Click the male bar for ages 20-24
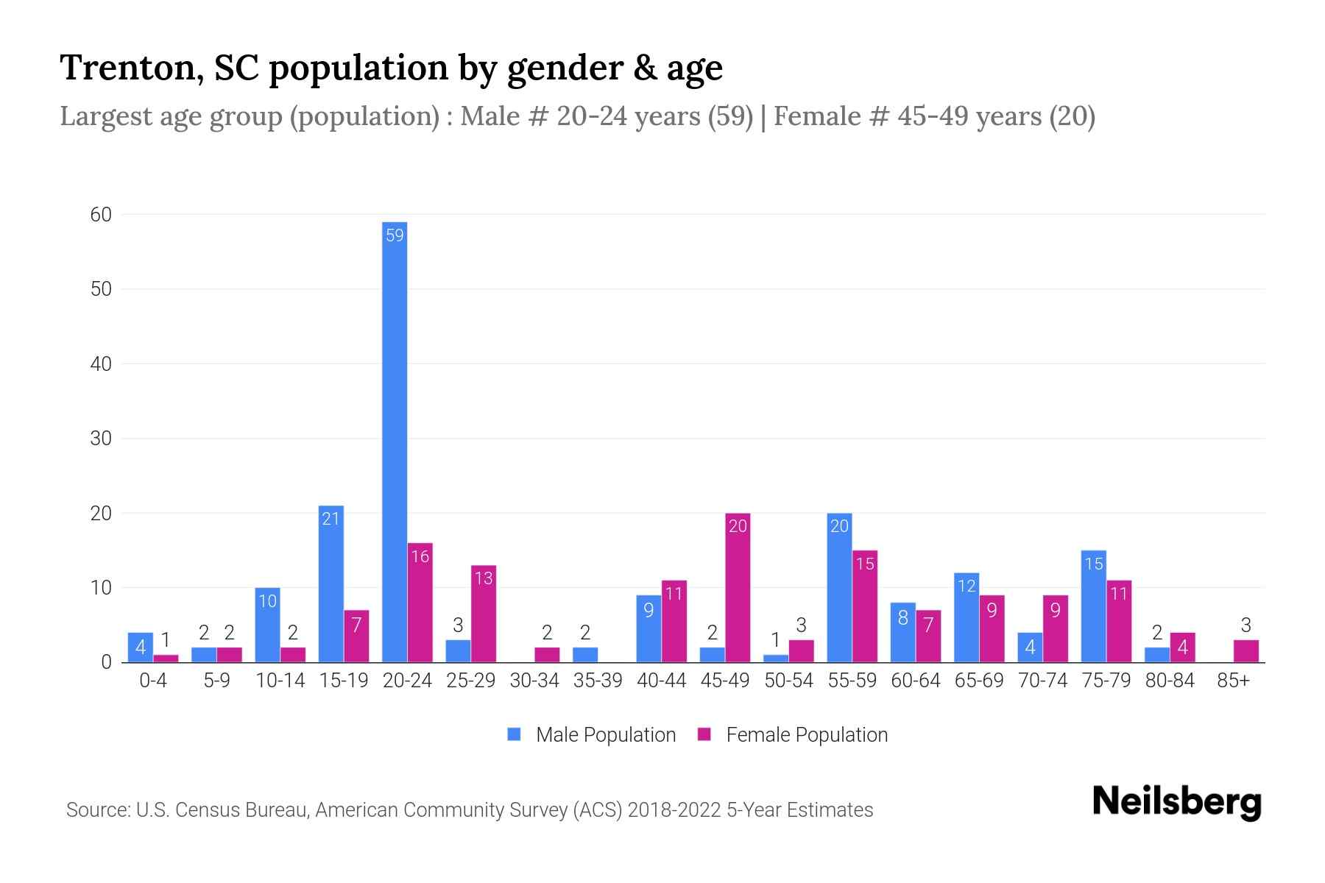(x=395, y=441)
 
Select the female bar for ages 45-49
(x=738, y=589)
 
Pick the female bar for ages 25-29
(x=484, y=614)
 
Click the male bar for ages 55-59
(x=839, y=589)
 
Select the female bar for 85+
(x=1245, y=651)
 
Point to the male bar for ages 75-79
(x=1093, y=607)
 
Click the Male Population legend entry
(x=592, y=734)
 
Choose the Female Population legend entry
(x=794, y=734)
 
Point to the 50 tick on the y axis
(x=101, y=289)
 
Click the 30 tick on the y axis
(x=101, y=439)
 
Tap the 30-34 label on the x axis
(x=534, y=681)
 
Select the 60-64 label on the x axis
(x=915, y=681)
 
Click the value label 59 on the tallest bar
(x=395, y=235)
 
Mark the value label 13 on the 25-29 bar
(x=484, y=578)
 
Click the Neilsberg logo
(x=1176, y=802)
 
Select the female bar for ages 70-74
(x=1055, y=629)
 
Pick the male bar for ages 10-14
(x=267, y=625)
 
